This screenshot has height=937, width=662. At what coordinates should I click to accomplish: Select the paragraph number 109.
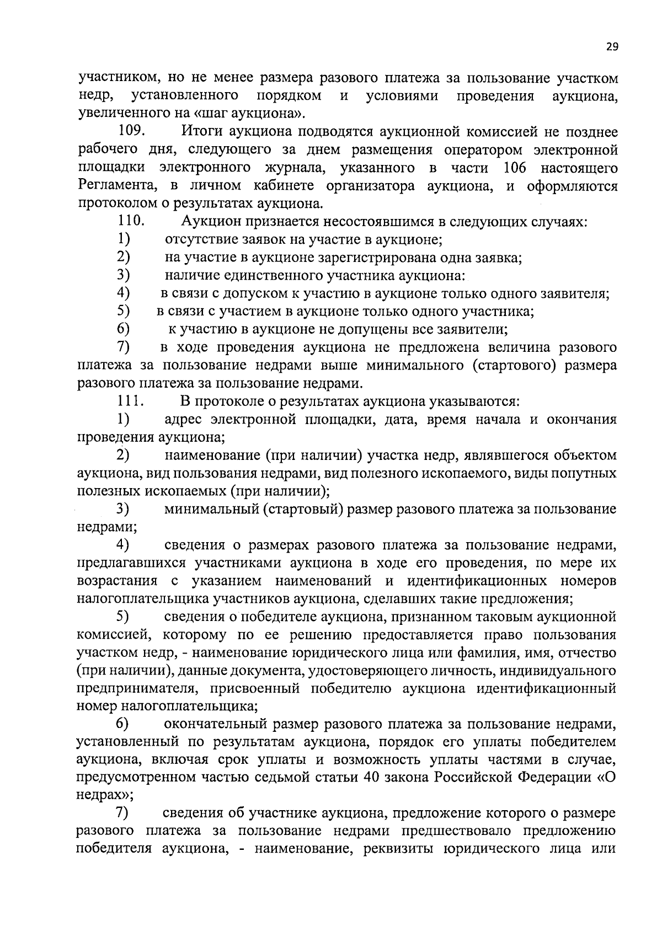pos(131,132)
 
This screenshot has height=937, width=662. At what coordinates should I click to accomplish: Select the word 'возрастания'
pos(117,581)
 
